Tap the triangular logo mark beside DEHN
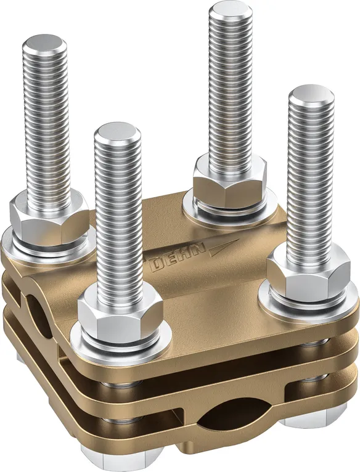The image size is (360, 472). tap(224, 245)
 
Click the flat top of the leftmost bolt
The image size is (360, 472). tap(44, 44)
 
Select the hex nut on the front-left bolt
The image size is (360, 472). tap(120, 312)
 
